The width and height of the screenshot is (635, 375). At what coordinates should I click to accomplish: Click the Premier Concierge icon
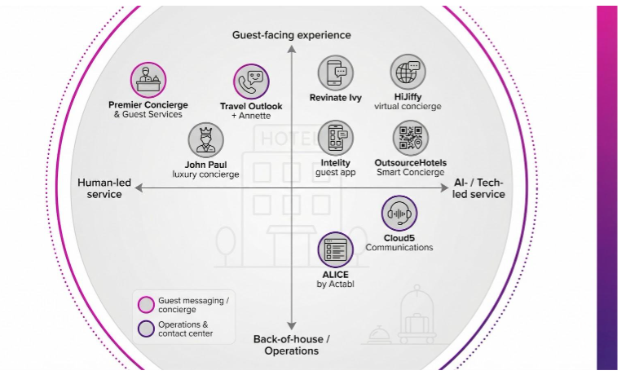148,80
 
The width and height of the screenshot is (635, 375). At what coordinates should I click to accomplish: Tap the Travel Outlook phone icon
251,82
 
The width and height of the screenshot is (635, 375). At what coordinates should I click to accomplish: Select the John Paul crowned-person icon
205,140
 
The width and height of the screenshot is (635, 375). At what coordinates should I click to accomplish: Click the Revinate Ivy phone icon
335,73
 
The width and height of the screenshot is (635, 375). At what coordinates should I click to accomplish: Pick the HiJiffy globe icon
408,72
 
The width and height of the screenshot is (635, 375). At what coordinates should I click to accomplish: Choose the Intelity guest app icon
336,138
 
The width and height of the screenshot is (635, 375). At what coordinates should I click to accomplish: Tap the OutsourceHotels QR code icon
410,139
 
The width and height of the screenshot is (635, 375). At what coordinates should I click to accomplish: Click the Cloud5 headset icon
399,214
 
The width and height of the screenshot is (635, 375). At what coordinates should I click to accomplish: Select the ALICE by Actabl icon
335,250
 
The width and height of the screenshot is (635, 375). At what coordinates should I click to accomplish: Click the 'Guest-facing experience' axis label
291,35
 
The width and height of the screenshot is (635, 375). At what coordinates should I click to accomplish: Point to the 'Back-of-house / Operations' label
291,345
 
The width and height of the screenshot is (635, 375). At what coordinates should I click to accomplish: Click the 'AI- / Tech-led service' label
478,188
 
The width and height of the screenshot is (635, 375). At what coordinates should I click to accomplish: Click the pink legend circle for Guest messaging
147,305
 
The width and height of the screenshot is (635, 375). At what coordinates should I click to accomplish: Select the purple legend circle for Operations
147,329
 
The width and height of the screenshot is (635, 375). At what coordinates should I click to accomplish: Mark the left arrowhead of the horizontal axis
139,187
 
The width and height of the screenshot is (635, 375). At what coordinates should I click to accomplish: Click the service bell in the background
378,333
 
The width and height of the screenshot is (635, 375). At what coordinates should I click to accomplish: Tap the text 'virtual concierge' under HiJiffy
408,106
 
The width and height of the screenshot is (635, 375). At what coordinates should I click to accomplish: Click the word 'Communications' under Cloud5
399,247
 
